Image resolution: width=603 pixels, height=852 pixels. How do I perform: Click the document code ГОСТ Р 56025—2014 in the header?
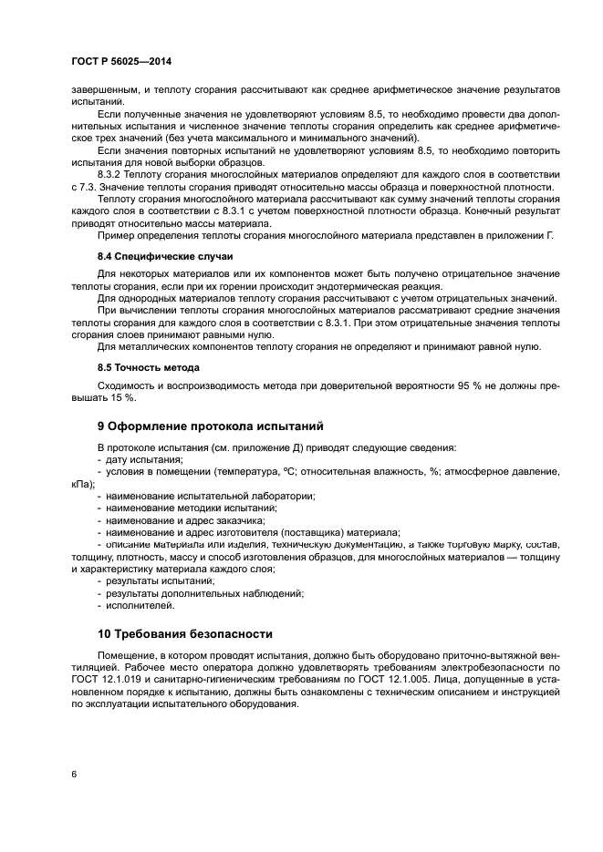click(x=120, y=60)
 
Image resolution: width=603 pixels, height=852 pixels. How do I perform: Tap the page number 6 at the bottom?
click(x=73, y=774)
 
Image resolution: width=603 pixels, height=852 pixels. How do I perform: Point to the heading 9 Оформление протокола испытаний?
click(x=211, y=426)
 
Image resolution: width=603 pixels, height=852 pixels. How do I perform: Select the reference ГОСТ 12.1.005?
click(x=389, y=680)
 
